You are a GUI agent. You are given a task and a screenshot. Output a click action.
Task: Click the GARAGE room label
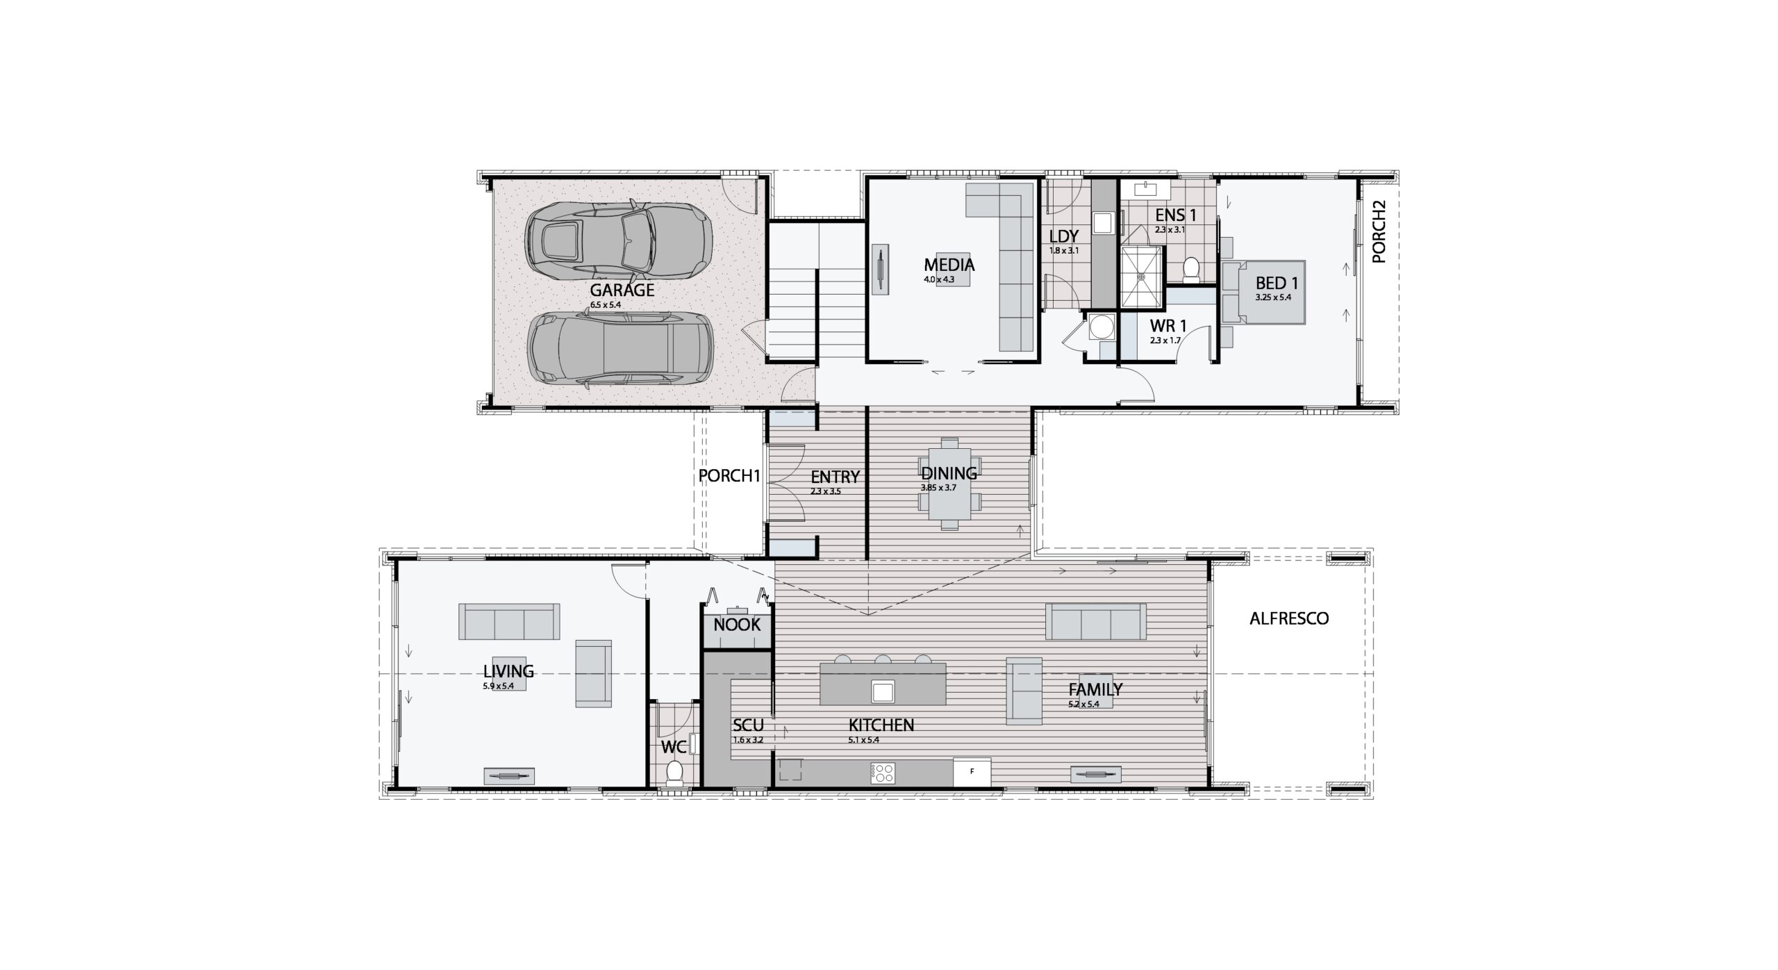tap(622, 290)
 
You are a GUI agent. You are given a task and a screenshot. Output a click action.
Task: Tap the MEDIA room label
tap(949, 265)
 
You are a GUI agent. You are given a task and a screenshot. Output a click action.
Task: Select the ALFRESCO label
tap(1289, 618)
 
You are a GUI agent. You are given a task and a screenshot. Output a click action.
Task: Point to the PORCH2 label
tap(1379, 231)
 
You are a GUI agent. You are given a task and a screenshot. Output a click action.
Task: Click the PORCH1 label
tap(729, 476)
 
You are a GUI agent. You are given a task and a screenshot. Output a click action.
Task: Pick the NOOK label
tap(737, 624)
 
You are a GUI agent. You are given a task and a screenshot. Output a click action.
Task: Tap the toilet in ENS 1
tap(1191, 269)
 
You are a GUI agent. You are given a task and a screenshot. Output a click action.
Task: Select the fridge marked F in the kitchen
tap(972, 771)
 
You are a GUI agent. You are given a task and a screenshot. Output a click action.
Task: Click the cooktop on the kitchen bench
tap(883, 773)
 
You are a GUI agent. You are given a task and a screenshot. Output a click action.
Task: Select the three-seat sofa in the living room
tap(508, 621)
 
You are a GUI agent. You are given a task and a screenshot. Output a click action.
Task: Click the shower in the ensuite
tap(1141, 276)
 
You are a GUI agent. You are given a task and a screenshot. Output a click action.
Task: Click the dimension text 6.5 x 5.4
tap(605, 304)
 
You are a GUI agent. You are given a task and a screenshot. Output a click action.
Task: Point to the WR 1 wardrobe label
tap(1168, 325)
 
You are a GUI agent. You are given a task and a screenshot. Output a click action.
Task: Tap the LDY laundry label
tap(1063, 237)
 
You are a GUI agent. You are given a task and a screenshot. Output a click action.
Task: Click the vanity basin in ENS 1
tap(1145, 189)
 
